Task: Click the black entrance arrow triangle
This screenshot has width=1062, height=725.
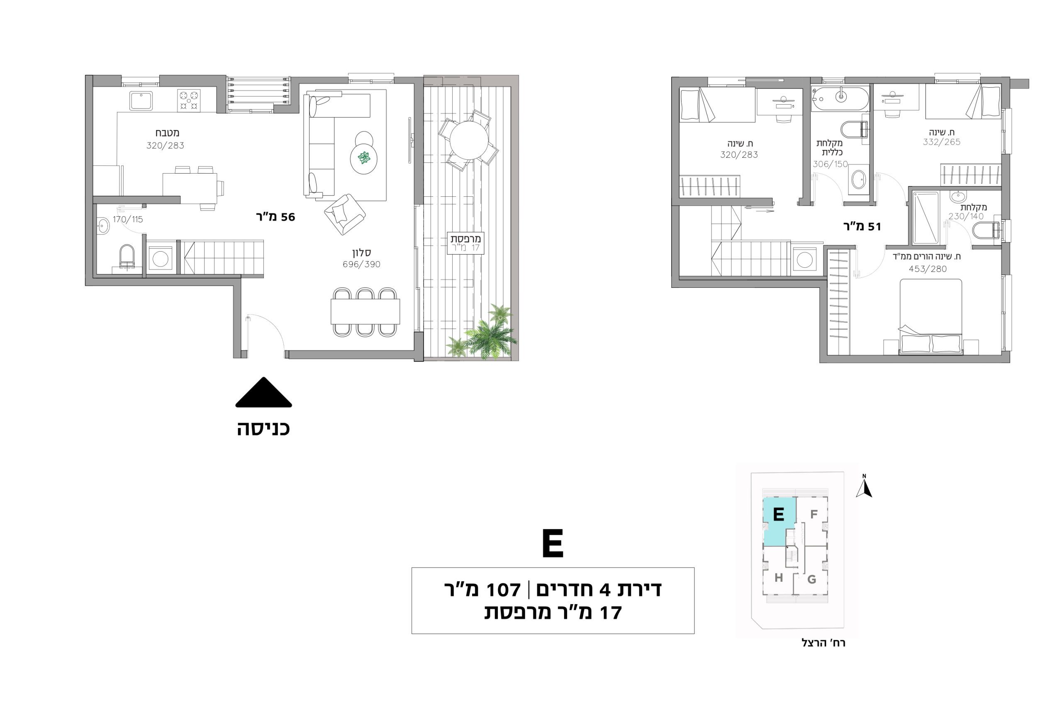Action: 264,393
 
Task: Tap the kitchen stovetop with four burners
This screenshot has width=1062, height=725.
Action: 189,100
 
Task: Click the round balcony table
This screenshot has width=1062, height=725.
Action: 469,140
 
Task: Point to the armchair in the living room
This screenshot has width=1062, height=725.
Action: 345,214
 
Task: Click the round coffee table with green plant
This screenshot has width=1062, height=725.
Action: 364,158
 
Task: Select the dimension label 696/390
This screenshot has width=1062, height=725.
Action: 361,265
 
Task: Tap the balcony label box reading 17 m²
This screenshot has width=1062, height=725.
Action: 465,243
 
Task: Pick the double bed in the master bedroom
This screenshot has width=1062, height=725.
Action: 931,317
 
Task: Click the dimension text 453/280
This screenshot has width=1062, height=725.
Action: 928,269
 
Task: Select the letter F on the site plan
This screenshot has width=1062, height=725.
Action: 814,514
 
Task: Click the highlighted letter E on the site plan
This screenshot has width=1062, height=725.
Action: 779,514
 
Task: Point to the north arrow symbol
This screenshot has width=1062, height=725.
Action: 864,486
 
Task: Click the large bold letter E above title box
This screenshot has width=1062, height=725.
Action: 553,544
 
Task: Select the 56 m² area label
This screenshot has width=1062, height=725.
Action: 275,217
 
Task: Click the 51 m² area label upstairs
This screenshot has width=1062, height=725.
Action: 862,227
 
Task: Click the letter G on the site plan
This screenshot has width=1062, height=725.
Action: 811,580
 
